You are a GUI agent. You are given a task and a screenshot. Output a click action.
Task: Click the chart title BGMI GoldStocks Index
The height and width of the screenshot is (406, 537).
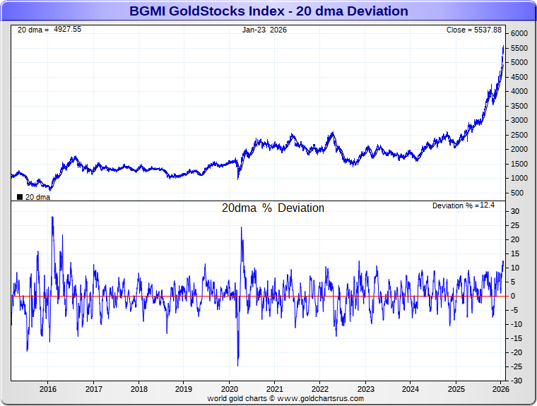point(268,11)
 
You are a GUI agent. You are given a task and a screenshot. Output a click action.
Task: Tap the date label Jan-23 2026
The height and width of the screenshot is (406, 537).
point(264,30)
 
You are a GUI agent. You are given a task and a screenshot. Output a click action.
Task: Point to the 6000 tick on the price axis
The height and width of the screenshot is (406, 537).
point(519,34)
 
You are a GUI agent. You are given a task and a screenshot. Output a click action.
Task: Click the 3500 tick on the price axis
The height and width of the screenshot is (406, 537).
point(519,106)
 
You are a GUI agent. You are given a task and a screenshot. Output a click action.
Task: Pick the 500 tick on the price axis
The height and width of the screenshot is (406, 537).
point(517,193)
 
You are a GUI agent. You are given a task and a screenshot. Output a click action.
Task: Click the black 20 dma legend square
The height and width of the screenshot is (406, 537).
point(19,197)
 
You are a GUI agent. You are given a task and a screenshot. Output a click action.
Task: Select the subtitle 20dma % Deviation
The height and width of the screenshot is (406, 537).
point(273,208)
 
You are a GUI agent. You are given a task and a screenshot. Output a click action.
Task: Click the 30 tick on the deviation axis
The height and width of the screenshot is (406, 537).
point(516,211)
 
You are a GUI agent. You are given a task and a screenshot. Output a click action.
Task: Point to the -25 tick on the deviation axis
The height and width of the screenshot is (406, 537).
point(517,366)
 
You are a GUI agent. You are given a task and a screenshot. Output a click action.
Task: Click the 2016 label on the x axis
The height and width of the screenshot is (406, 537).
point(48,389)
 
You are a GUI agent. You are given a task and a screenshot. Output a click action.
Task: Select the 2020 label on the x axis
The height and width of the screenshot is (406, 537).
point(230,389)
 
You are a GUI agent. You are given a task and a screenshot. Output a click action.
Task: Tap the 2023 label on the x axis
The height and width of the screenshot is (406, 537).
point(366,389)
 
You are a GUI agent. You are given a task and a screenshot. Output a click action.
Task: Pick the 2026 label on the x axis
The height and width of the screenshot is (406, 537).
point(500,389)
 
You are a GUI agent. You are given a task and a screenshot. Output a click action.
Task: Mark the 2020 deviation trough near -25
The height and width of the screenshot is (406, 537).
point(237,365)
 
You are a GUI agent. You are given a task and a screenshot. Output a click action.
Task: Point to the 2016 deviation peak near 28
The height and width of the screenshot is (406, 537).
point(52,217)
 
